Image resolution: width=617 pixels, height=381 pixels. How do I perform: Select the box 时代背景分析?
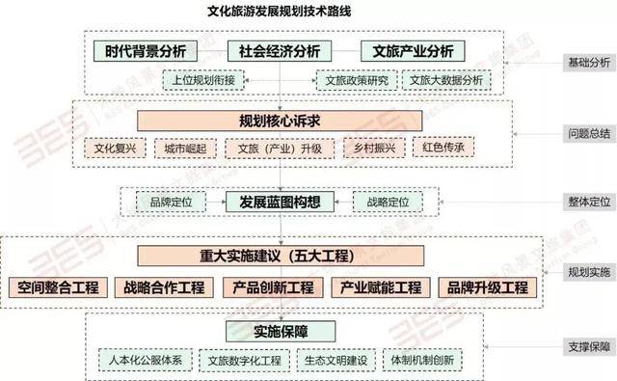pyautogui.click(x=147, y=51)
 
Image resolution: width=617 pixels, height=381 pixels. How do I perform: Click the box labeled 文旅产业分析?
pyautogui.click(x=413, y=51)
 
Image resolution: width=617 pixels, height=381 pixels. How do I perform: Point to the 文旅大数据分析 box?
pyautogui.click(x=444, y=81)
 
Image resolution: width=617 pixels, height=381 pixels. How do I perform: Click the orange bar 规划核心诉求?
pyautogui.click(x=279, y=120)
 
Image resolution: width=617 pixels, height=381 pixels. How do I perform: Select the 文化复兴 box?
pyautogui.click(x=115, y=149)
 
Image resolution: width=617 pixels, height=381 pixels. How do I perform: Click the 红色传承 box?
pyautogui.click(x=444, y=149)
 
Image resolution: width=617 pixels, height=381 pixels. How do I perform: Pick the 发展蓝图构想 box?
pyautogui.click(x=280, y=202)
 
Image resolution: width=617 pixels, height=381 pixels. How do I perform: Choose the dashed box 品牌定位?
pyautogui.click(x=170, y=202)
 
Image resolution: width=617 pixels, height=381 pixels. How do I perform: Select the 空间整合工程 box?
pyautogui.click(x=59, y=287)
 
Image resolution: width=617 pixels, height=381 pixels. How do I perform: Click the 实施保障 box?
pyautogui.click(x=280, y=331)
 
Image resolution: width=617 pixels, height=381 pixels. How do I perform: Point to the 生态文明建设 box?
pyautogui.click(x=334, y=360)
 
